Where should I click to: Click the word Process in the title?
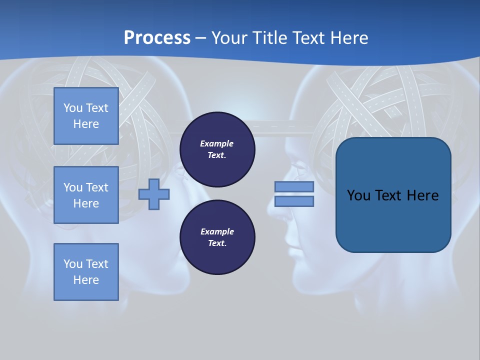[157, 37]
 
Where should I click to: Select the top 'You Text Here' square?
[86, 116]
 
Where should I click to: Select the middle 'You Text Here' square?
[86, 195]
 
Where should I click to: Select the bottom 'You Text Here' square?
[86, 272]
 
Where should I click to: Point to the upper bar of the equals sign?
[294, 186]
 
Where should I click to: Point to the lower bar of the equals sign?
[294, 201]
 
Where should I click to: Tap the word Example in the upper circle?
[217, 143]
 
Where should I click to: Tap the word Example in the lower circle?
[217, 231]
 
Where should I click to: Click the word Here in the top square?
[86, 124]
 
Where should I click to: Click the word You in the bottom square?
[73, 264]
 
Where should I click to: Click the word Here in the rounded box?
[423, 195]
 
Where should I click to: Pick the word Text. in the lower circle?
[217, 243]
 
